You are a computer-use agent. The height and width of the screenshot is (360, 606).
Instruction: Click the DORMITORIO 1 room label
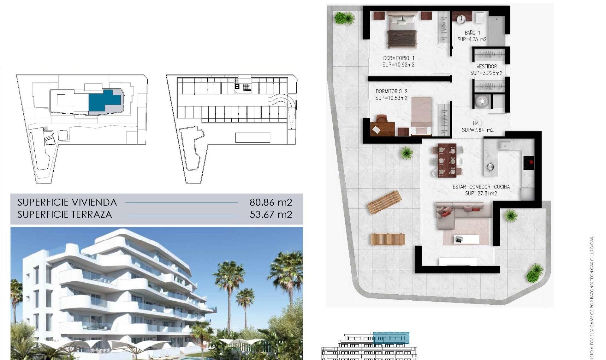click(399, 58)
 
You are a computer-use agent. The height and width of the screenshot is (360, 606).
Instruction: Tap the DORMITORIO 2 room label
click(391, 91)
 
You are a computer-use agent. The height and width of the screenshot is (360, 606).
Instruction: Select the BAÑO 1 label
click(472, 33)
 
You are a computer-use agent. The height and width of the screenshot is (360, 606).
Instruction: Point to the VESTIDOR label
click(486, 66)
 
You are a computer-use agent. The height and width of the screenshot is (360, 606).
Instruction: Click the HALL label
click(478, 123)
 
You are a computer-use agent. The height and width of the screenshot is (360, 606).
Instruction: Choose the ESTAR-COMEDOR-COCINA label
click(481, 187)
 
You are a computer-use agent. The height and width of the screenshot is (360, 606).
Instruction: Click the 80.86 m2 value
click(270, 202)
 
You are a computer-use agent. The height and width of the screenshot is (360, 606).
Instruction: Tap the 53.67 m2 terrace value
click(270, 214)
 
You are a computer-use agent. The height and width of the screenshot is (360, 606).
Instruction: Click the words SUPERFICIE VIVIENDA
click(67, 202)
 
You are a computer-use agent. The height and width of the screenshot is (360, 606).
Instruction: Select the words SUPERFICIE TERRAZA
click(65, 214)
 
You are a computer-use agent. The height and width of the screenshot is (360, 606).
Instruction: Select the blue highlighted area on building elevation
click(391, 338)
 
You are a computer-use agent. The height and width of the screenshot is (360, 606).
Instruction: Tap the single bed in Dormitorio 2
click(421, 115)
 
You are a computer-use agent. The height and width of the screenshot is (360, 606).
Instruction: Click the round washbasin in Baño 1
click(460, 19)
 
